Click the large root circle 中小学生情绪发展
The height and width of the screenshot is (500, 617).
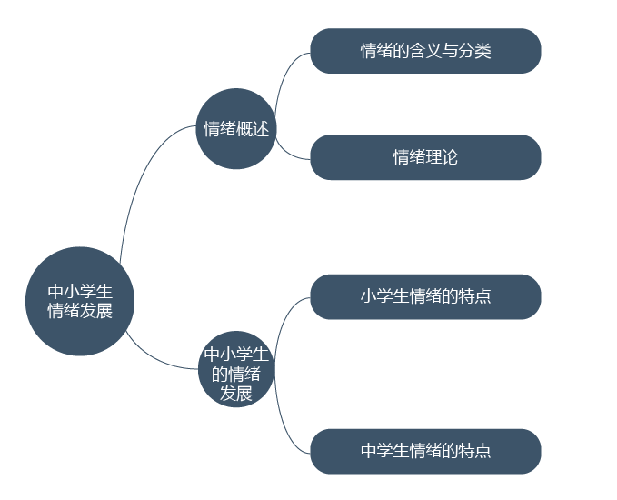(x=80, y=301)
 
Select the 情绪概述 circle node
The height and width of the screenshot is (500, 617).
(x=236, y=129)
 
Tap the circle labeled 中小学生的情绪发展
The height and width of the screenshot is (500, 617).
(x=236, y=369)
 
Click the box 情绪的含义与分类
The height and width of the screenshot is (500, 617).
(x=426, y=51)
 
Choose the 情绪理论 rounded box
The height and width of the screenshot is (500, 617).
(x=426, y=157)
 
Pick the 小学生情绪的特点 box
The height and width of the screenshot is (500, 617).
(x=426, y=297)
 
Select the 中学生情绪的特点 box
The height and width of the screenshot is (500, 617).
(x=426, y=452)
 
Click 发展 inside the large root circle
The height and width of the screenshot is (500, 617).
(x=96, y=311)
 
